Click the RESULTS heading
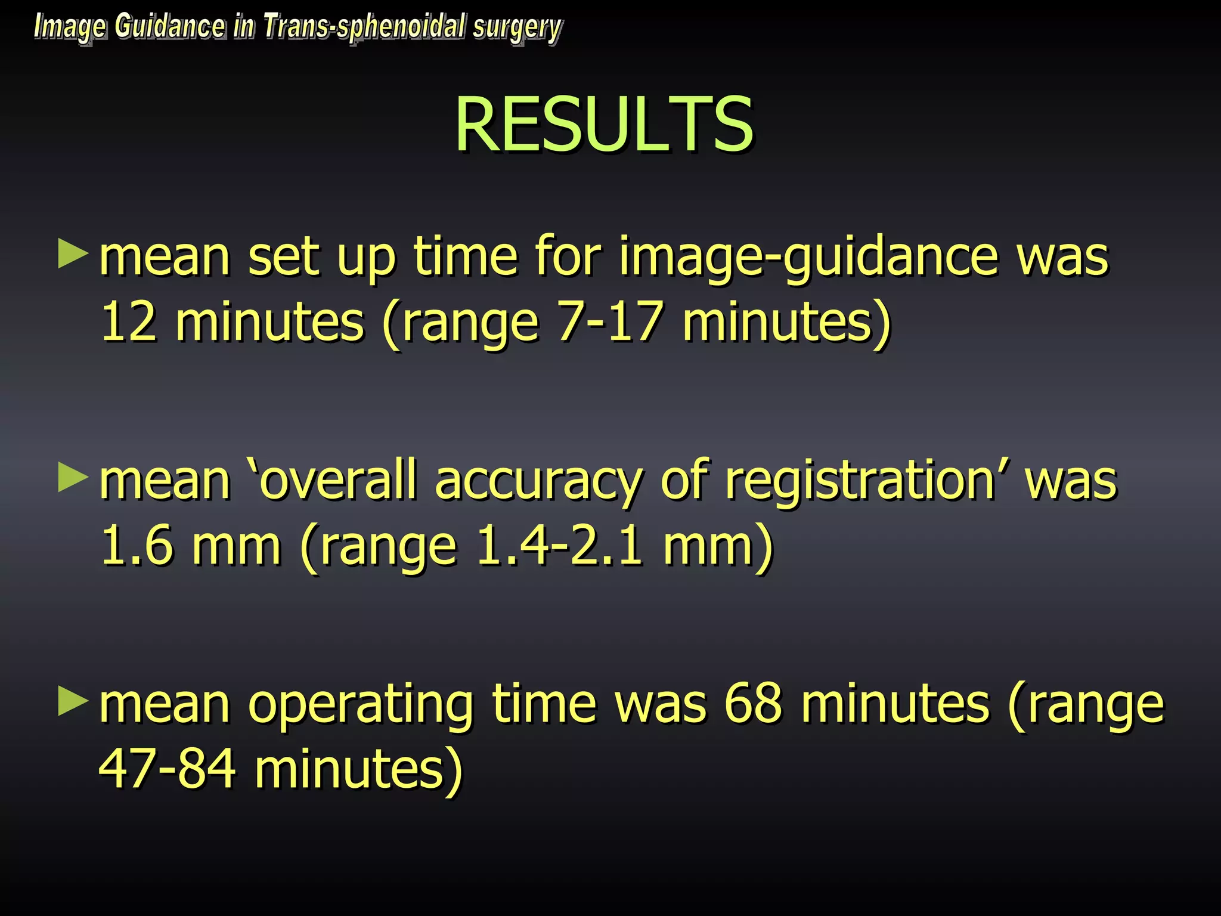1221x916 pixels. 604,125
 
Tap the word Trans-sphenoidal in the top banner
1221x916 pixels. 364,27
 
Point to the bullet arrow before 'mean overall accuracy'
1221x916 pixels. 73,478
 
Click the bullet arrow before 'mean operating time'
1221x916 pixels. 73,702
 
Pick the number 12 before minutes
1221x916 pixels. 129,322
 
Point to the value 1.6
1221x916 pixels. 137,546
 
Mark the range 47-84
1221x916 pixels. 168,769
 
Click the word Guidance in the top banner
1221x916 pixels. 170,26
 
